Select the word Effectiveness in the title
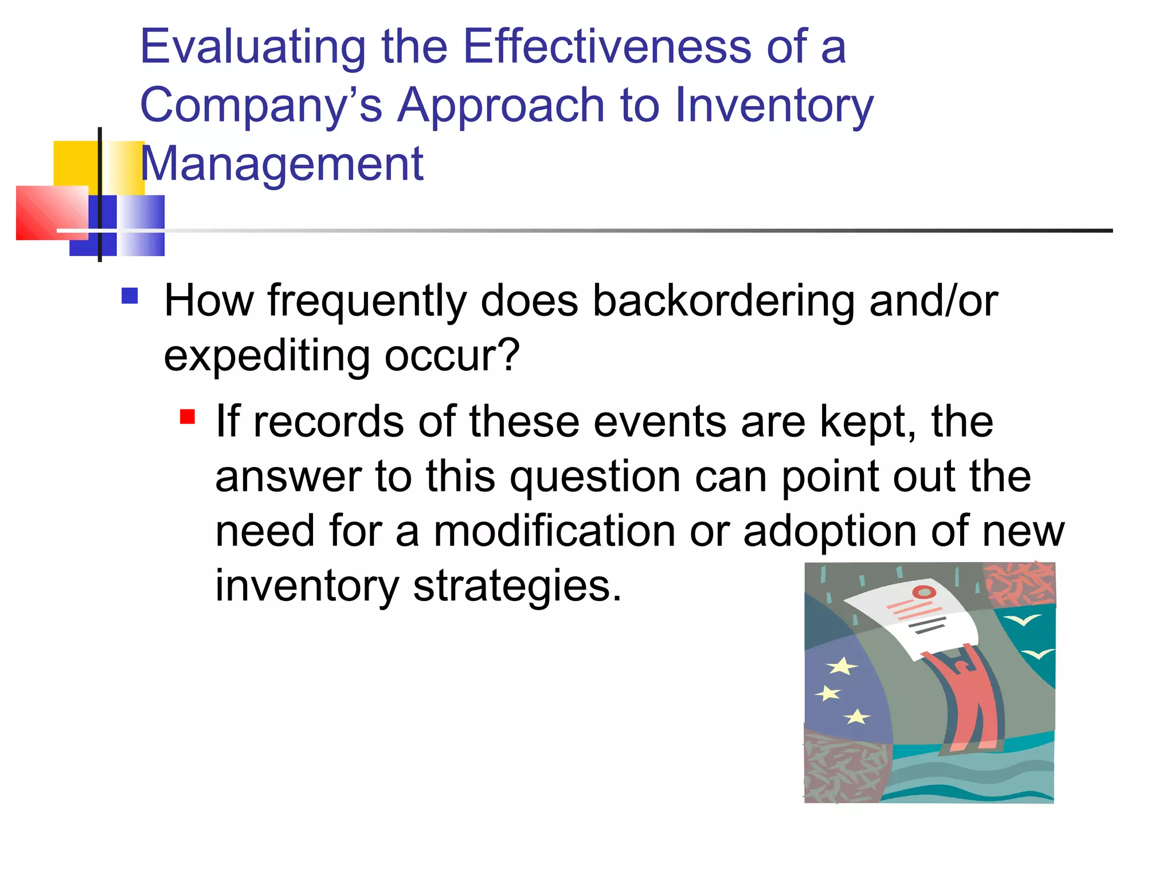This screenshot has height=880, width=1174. (x=606, y=47)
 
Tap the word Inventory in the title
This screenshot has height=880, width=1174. (x=773, y=105)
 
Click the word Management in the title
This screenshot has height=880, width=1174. (x=281, y=164)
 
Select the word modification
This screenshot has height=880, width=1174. (x=554, y=531)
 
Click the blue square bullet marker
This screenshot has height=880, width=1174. (x=130, y=296)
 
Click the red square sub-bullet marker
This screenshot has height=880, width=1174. (x=187, y=416)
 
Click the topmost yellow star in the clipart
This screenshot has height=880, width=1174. (x=842, y=666)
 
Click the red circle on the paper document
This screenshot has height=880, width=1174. (x=923, y=592)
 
